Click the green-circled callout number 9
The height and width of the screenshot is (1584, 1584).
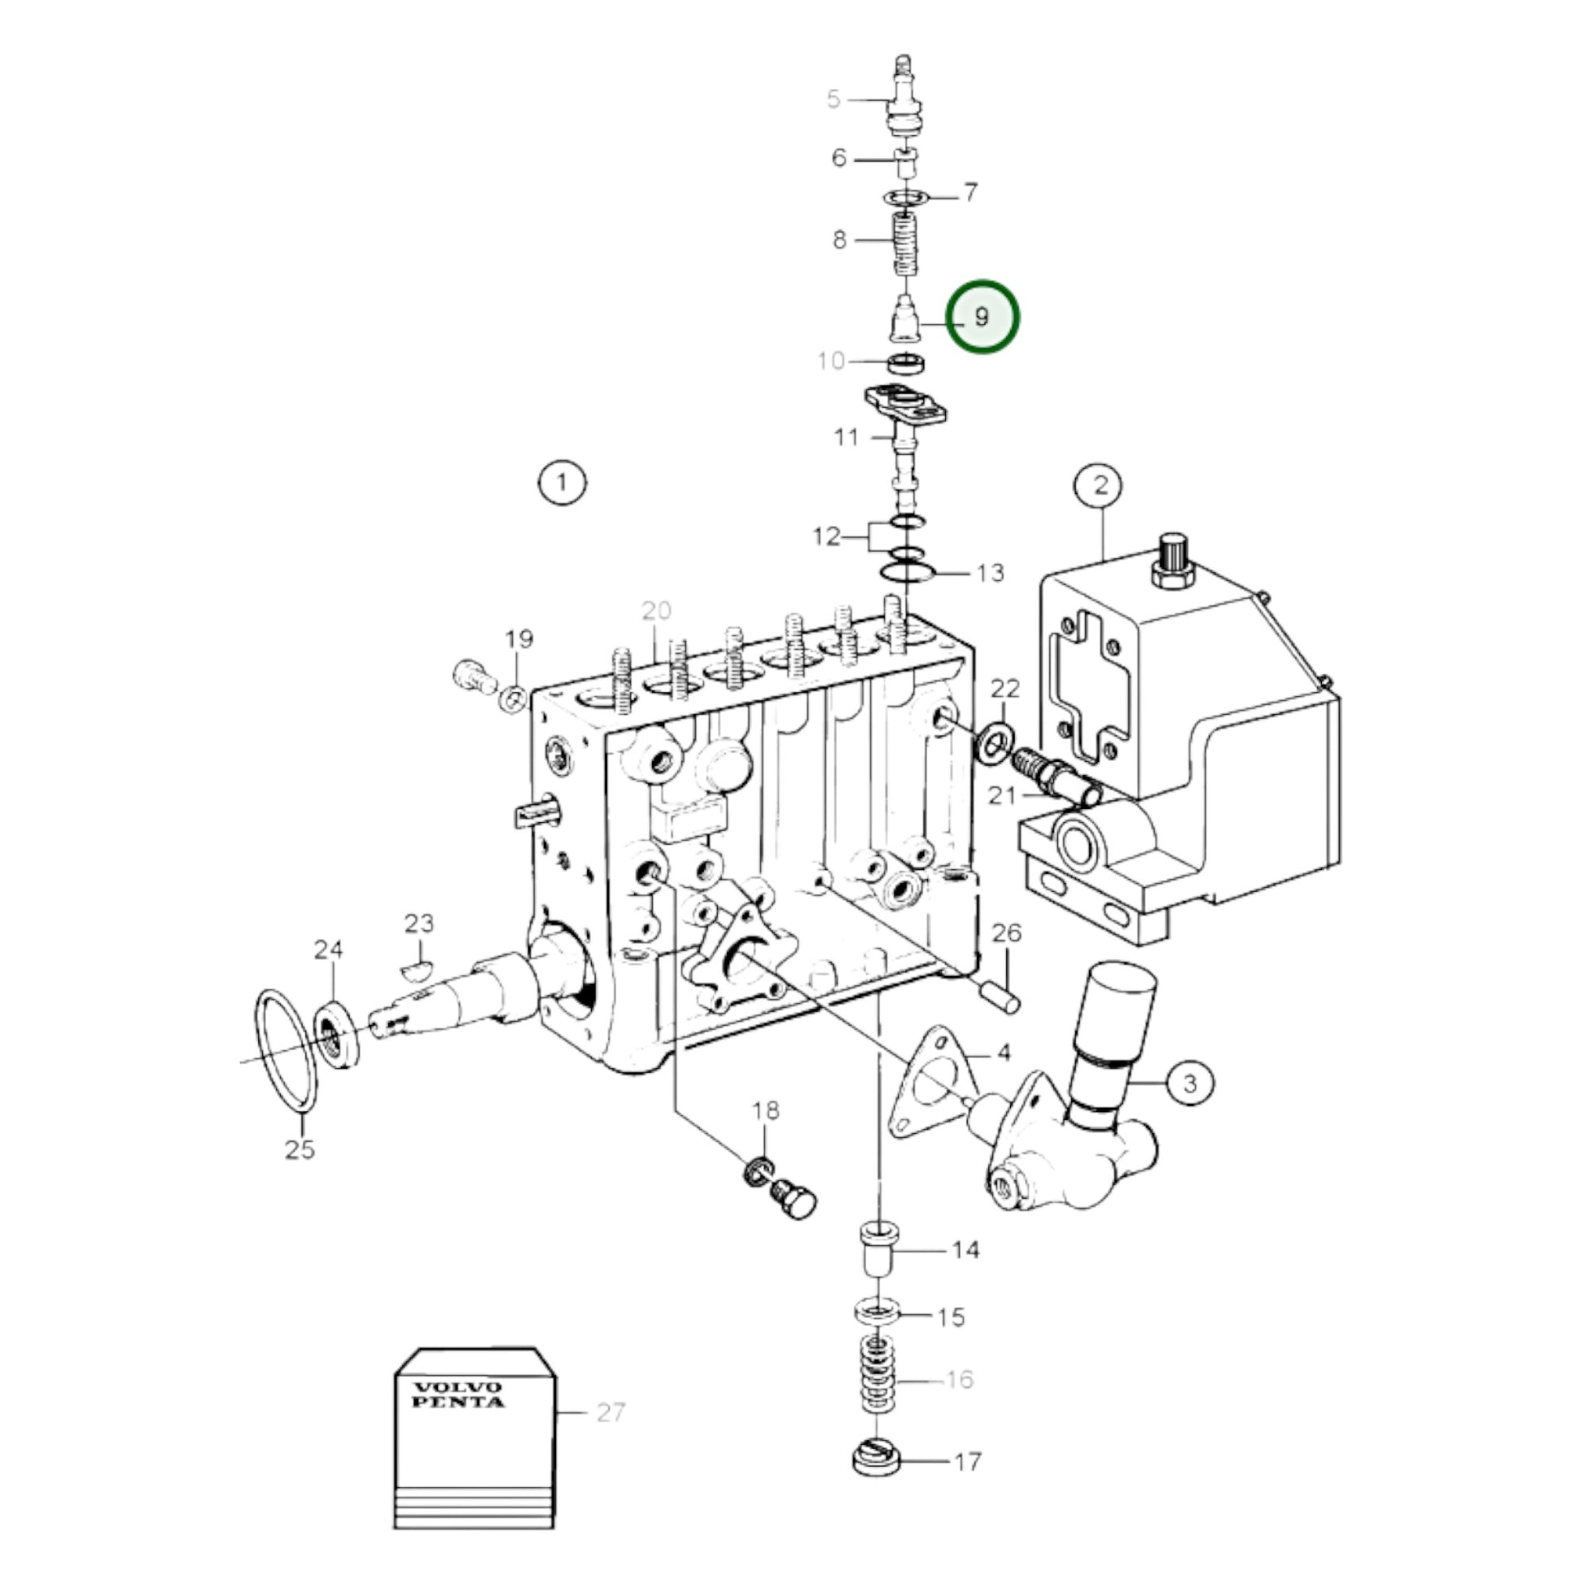pos(982,317)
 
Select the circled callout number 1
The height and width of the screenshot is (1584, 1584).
pos(562,482)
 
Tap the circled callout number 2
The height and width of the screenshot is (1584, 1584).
pos(1100,484)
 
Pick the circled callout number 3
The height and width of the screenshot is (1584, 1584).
pos(1189,1083)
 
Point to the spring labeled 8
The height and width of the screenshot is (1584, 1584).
pos(905,243)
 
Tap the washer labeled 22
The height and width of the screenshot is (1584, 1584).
pos(994,743)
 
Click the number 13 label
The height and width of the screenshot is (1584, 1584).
pos(991,572)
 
